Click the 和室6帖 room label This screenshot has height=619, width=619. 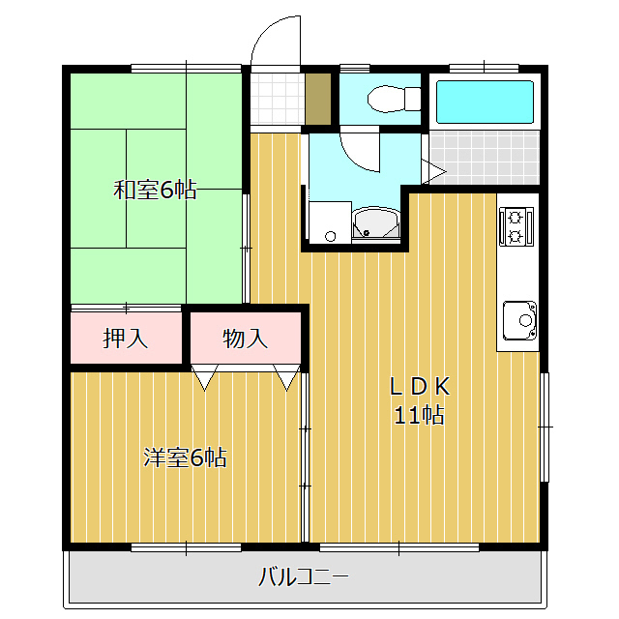click(x=155, y=190)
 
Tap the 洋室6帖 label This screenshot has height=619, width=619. click(x=185, y=457)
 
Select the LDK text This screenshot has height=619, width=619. click(x=420, y=387)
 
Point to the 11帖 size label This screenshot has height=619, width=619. click(x=419, y=415)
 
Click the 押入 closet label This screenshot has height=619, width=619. click(x=126, y=339)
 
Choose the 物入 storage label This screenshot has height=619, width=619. click(x=245, y=339)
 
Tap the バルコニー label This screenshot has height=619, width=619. click(x=303, y=577)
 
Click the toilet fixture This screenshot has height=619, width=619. click(x=394, y=99)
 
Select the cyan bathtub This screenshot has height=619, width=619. click(x=485, y=102)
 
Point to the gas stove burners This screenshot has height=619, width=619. click(x=516, y=227)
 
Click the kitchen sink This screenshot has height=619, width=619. click(x=519, y=320)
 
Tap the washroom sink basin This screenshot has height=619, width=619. click(x=375, y=223)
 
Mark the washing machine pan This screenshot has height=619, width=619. click(x=330, y=222)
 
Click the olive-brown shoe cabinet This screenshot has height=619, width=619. click(x=318, y=99)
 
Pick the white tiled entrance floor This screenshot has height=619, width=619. click(x=278, y=99)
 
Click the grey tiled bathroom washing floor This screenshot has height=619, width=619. click(x=485, y=158)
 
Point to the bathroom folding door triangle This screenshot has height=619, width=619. click(x=434, y=171)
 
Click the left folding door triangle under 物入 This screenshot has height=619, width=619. click(x=204, y=377)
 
